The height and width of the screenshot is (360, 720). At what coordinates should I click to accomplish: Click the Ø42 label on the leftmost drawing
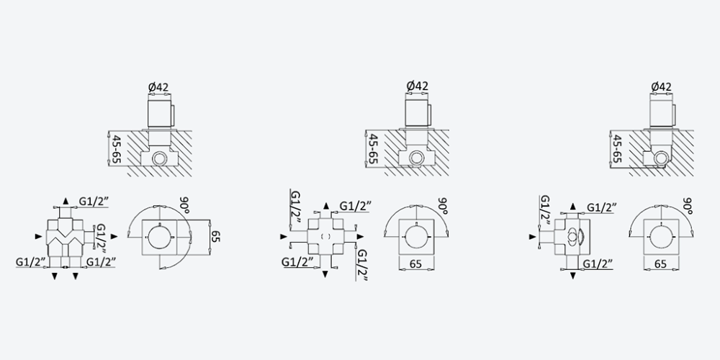click(x=158, y=87)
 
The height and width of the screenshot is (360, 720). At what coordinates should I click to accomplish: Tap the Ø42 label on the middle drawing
click(x=417, y=86)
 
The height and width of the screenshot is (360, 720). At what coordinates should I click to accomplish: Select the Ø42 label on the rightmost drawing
click(x=661, y=87)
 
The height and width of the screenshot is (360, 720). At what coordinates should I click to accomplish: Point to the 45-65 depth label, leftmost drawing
click(x=117, y=150)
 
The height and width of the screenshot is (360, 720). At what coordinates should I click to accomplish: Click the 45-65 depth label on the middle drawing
click(x=373, y=150)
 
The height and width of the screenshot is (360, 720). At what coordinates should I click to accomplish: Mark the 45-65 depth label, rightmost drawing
click(x=618, y=150)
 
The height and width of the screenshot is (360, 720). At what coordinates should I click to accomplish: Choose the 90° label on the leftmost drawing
click(x=185, y=204)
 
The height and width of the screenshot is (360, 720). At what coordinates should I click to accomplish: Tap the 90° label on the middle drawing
click(x=443, y=205)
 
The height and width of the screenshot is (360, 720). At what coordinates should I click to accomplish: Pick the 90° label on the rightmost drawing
click(x=688, y=205)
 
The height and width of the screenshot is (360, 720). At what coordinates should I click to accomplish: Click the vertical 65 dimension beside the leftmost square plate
click(x=216, y=237)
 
